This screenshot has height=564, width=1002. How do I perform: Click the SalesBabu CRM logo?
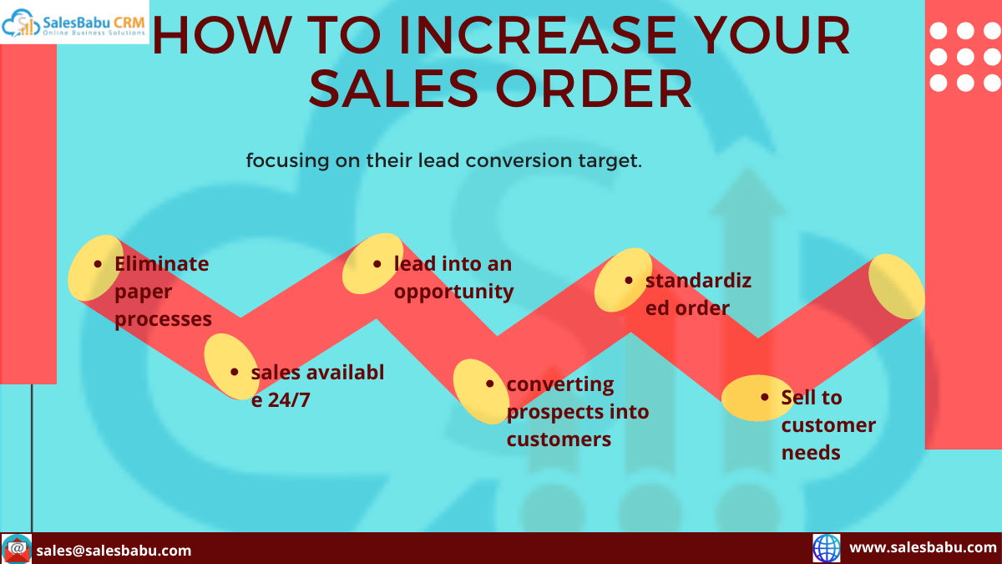pos(74,22)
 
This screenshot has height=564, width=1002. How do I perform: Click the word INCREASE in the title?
pos(538,35)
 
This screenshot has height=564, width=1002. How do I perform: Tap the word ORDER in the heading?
pos(594,89)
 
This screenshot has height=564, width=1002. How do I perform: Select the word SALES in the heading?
pos(393,89)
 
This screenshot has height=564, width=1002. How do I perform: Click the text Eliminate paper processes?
pos(163,291)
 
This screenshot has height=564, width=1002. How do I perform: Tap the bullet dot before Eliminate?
pos(98,264)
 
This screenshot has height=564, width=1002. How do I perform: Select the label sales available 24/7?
pos(317,386)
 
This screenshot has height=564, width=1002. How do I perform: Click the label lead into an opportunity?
pos(453,277)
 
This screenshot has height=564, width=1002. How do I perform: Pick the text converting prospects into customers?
pos(578,411)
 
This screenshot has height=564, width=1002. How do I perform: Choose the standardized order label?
pos(698,294)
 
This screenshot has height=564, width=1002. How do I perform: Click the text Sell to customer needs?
pos(828,424)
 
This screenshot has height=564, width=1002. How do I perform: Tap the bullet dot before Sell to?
pos(765,397)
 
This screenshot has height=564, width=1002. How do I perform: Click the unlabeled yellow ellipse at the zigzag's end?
pos(897,287)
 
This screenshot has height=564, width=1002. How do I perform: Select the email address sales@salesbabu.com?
pos(114,550)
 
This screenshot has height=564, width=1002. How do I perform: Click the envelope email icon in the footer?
pos(17,548)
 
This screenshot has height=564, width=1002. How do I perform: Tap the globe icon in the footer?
pos(827,548)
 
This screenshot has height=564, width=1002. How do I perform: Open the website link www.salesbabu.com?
pos(923,547)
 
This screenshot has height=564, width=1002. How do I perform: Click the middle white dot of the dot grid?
pos(965,57)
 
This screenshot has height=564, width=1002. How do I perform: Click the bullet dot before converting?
pos(490,384)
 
